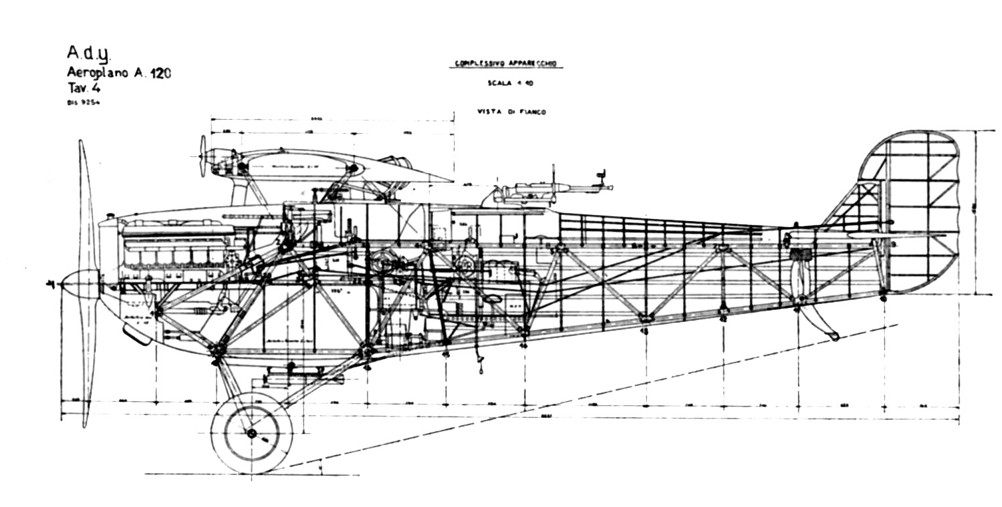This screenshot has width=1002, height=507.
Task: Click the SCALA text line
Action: pos(506,84)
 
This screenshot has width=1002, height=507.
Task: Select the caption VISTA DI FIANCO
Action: pos(511,112)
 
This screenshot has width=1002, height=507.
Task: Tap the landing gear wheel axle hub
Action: pos(251,434)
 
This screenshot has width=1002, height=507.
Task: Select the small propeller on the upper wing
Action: pos(203,156)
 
